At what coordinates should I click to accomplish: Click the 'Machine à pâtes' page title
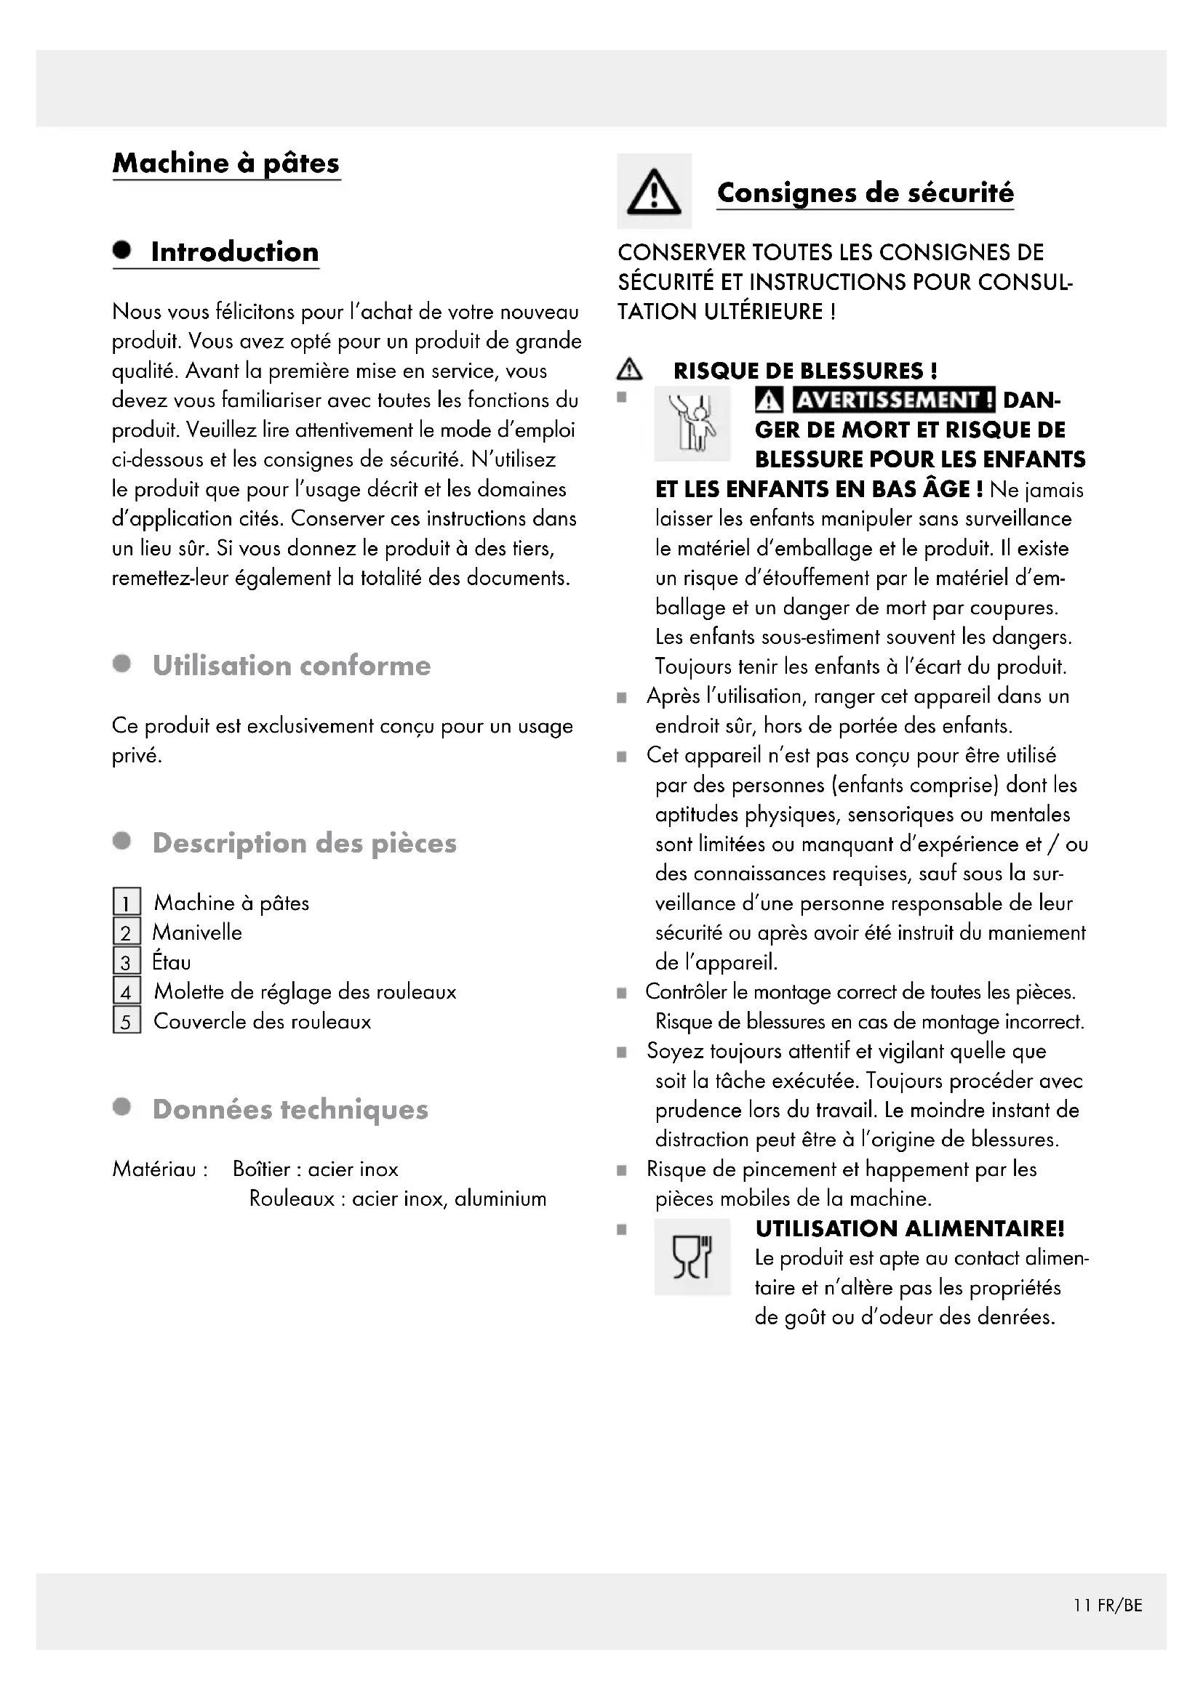tap(226, 163)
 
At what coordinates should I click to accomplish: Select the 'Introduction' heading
tap(235, 251)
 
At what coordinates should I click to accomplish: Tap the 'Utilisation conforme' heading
tap(291, 666)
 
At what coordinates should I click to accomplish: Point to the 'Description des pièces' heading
tap(305, 843)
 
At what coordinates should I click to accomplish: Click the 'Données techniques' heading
tap(290, 1110)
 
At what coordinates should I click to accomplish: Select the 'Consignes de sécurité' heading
tap(866, 193)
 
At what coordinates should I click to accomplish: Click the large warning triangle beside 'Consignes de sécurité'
tap(653, 192)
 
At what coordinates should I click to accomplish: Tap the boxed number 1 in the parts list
tap(127, 903)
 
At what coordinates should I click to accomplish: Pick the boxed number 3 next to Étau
tap(127, 962)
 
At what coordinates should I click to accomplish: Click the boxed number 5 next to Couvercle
tap(127, 1021)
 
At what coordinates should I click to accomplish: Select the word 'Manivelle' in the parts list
tap(197, 932)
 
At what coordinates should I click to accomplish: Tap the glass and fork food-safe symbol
tap(692, 1258)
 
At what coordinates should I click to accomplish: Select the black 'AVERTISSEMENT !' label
tap(893, 400)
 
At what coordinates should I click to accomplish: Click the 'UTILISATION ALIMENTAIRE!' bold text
tap(910, 1229)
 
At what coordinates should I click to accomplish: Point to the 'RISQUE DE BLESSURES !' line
tap(805, 371)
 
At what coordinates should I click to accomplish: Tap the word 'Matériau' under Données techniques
tap(154, 1169)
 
